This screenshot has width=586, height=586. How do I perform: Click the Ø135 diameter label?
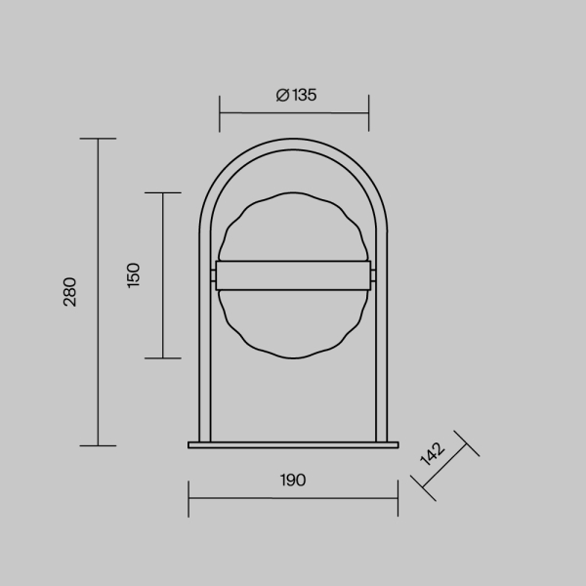pos(296,95)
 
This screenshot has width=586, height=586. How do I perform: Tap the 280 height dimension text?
pos(70,292)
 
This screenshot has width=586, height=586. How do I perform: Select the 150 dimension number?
pos(134,275)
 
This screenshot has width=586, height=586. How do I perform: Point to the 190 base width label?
pos(293,480)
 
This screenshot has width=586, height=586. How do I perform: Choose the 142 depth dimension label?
pos(432,454)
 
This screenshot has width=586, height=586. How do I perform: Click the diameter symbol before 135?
pos(282,95)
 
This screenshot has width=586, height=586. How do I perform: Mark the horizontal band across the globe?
pos(293,275)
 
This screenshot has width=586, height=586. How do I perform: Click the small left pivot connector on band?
pos(213,275)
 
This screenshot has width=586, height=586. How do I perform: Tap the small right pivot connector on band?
pos(373,275)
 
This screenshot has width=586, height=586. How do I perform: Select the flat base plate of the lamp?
pos(293,444)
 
